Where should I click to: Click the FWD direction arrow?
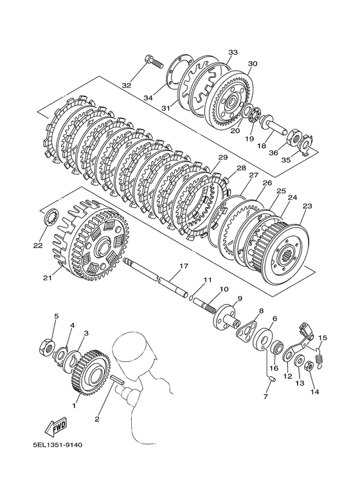coord(56,426)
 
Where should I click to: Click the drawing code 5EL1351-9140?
coord(57,446)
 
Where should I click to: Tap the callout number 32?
coord(127,86)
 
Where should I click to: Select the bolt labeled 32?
coord(154,62)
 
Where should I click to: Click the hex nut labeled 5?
coord(48,346)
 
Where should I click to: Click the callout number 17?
coord(184,266)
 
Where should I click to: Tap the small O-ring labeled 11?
coord(191,297)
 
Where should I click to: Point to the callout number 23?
coord(307,206)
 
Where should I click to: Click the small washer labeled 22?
coord(51,219)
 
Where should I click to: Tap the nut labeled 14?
coord(309,366)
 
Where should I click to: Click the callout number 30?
coord(253,64)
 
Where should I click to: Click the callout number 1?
coord(74,405)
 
